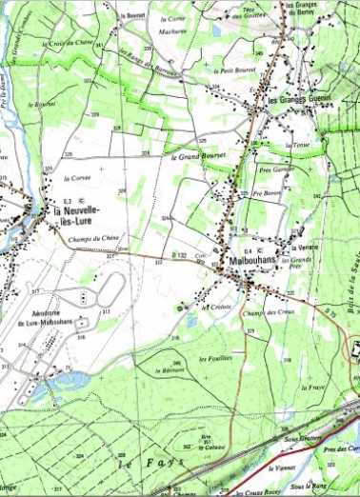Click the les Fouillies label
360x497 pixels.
click(213, 358)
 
